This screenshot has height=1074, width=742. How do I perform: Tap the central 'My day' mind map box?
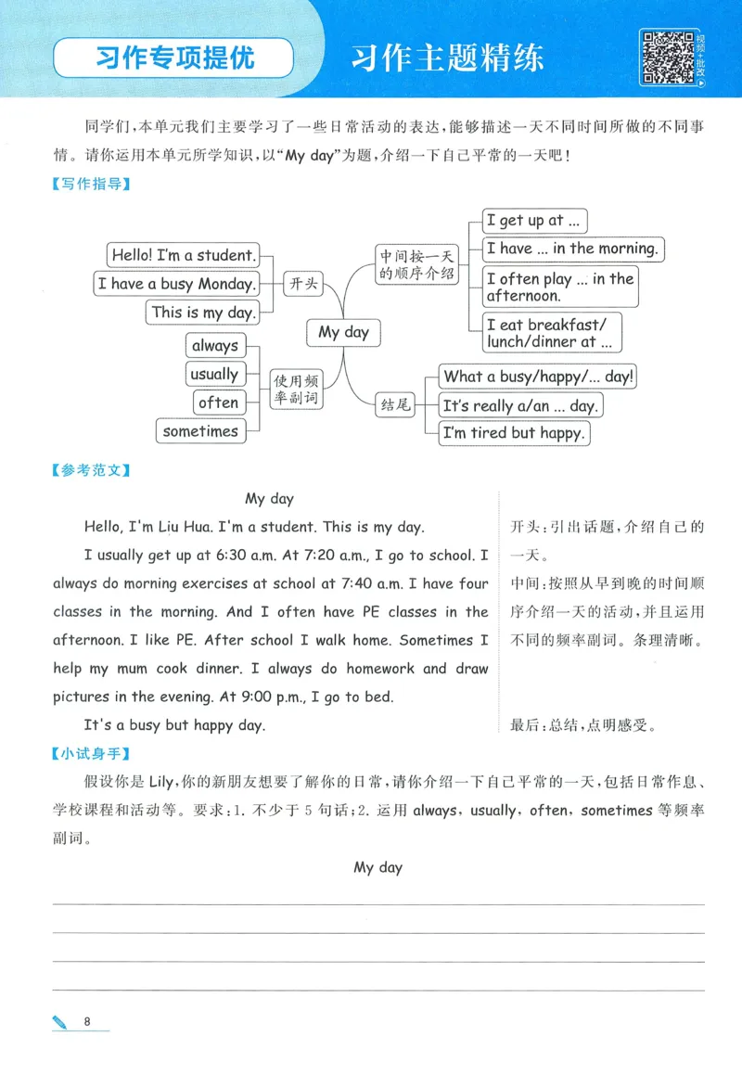tap(343, 332)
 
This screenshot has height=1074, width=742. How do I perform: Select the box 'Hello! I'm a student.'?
tap(182, 254)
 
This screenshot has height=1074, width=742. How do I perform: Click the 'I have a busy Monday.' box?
tap(175, 284)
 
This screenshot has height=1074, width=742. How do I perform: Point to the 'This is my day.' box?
tap(201, 313)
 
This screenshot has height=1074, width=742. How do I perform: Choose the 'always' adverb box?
tap(214, 346)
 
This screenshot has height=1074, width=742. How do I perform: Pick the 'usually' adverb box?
tap(213, 375)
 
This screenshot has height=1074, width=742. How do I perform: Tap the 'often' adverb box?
tap(218, 403)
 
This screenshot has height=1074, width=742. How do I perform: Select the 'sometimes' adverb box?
tap(200, 431)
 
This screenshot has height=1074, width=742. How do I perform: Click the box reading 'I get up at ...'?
tap(535, 221)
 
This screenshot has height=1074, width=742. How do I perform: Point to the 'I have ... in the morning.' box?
tap(573, 249)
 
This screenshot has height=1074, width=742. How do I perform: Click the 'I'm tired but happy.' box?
tap(513, 433)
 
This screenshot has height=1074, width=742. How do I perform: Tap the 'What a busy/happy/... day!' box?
tap(538, 377)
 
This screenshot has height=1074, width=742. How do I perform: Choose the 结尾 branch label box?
tap(394, 404)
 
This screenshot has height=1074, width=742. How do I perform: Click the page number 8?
tap(86, 1022)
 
